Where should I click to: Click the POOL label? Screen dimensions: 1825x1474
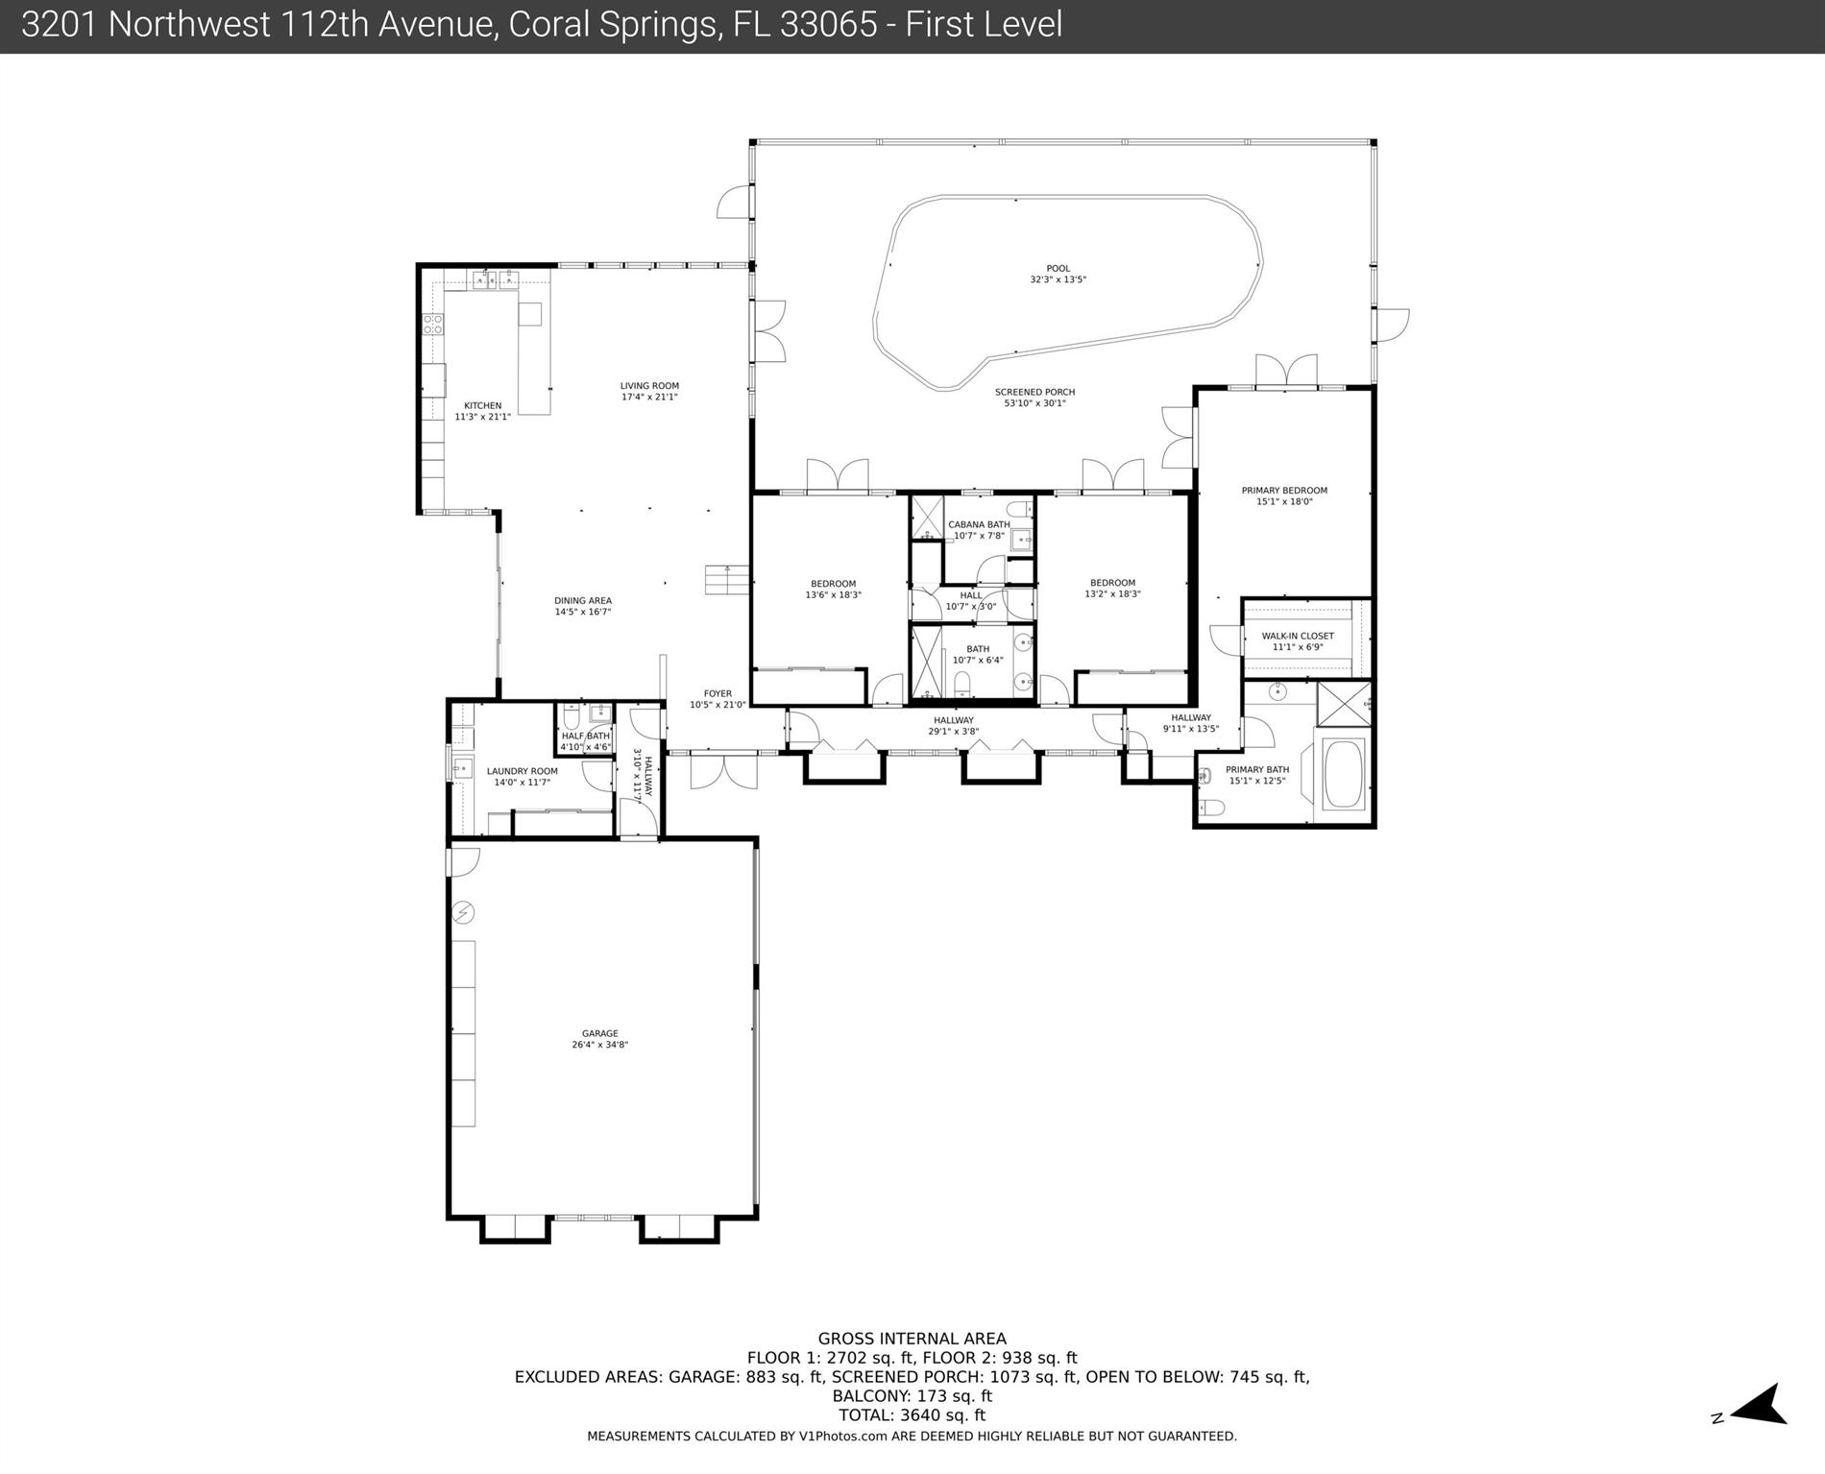[x=1058, y=269]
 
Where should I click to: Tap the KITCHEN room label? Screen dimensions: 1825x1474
[x=482, y=405]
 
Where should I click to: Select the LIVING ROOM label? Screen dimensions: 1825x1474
[x=649, y=386]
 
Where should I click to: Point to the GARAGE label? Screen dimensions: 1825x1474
[x=600, y=1033]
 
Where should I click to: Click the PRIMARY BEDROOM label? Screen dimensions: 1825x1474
[x=1284, y=491]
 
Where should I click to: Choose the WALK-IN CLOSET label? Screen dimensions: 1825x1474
[x=1298, y=636]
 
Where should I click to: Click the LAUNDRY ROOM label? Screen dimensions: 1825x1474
[x=522, y=771]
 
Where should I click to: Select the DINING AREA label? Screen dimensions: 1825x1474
[x=583, y=601]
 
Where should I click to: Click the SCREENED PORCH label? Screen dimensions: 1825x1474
[x=1034, y=392]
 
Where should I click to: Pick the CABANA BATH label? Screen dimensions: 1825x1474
[x=979, y=524]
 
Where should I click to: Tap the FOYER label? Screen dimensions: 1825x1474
[x=718, y=693]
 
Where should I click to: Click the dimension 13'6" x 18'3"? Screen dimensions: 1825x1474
[x=833, y=594]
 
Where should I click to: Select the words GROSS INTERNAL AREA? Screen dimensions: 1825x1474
[x=912, y=1338]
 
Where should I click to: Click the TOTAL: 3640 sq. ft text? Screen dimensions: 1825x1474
[x=912, y=1414]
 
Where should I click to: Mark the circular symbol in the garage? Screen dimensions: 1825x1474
[x=464, y=911]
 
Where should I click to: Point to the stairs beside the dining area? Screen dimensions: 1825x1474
[x=726, y=579]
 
